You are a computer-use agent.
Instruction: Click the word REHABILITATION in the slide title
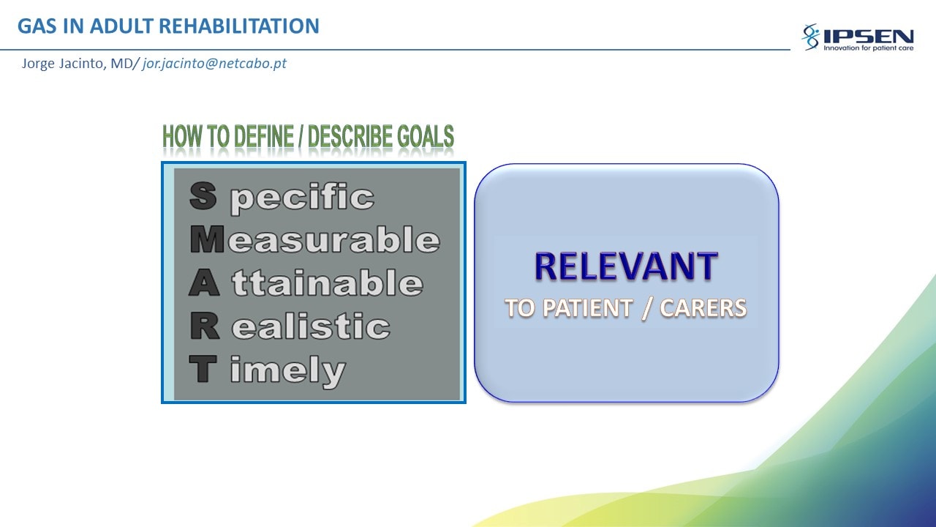pyautogui.click(x=239, y=26)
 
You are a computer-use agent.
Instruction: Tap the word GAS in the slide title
pyautogui.click(x=37, y=26)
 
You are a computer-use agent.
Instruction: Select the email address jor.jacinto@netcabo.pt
pyautogui.click(x=214, y=64)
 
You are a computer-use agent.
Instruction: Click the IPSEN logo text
pyautogui.click(x=868, y=37)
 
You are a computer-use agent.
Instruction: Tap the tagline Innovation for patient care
pyautogui.click(x=868, y=48)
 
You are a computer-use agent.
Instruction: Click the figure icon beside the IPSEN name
pyautogui.click(x=811, y=37)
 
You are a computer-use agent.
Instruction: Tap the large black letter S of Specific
pyautogui.click(x=203, y=195)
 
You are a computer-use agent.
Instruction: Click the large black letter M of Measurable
pyautogui.click(x=207, y=239)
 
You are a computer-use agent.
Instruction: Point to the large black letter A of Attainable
pyautogui.click(x=204, y=283)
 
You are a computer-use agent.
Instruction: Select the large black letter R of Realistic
pyautogui.click(x=204, y=326)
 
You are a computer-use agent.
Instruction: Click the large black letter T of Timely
pyautogui.click(x=203, y=369)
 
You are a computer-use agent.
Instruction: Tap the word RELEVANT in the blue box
pyautogui.click(x=627, y=266)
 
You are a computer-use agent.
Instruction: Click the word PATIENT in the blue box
pyautogui.click(x=587, y=308)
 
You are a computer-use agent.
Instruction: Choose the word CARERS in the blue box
pyautogui.click(x=703, y=308)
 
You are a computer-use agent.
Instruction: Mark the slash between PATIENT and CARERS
pyautogui.click(x=646, y=309)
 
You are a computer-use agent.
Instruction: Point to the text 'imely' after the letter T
pyautogui.click(x=288, y=372)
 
